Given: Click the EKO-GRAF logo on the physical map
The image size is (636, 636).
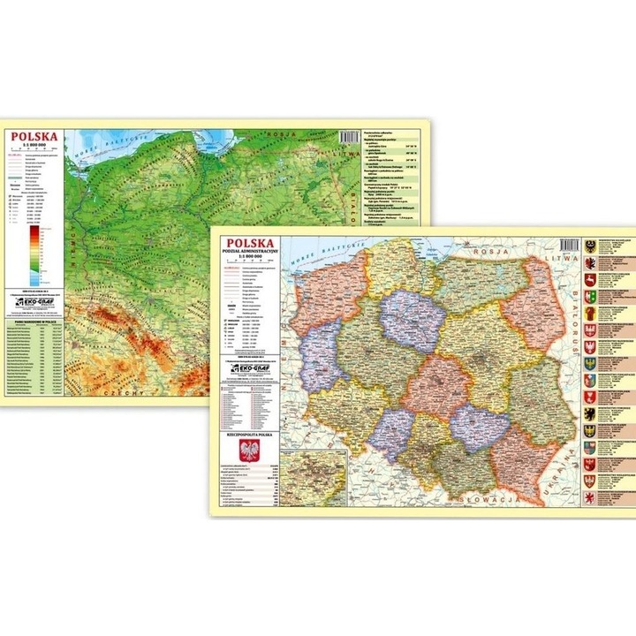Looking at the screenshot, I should tap(37, 305).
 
